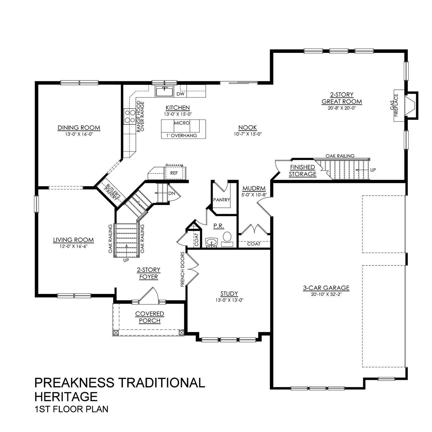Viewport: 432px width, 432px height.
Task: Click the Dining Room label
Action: tap(79, 128)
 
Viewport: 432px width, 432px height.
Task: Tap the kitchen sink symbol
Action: tap(164, 91)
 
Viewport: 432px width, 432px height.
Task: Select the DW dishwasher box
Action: tap(180, 94)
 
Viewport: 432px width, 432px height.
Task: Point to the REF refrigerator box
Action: tap(174, 173)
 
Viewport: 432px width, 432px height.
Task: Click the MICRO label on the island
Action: tap(181, 123)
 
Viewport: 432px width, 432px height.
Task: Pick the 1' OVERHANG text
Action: tap(183, 135)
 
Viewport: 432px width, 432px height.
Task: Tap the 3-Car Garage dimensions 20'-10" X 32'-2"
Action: tap(326, 294)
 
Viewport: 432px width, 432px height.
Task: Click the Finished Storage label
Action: tap(302, 171)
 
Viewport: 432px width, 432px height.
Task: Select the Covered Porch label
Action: tap(150, 317)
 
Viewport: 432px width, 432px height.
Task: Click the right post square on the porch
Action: tap(181, 333)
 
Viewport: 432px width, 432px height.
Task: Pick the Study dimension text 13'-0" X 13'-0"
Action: tap(229, 300)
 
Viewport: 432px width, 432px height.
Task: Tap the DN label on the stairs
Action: tap(172, 193)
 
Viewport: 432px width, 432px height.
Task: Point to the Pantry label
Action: tap(221, 200)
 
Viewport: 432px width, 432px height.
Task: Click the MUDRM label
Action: tap(254, 189)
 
